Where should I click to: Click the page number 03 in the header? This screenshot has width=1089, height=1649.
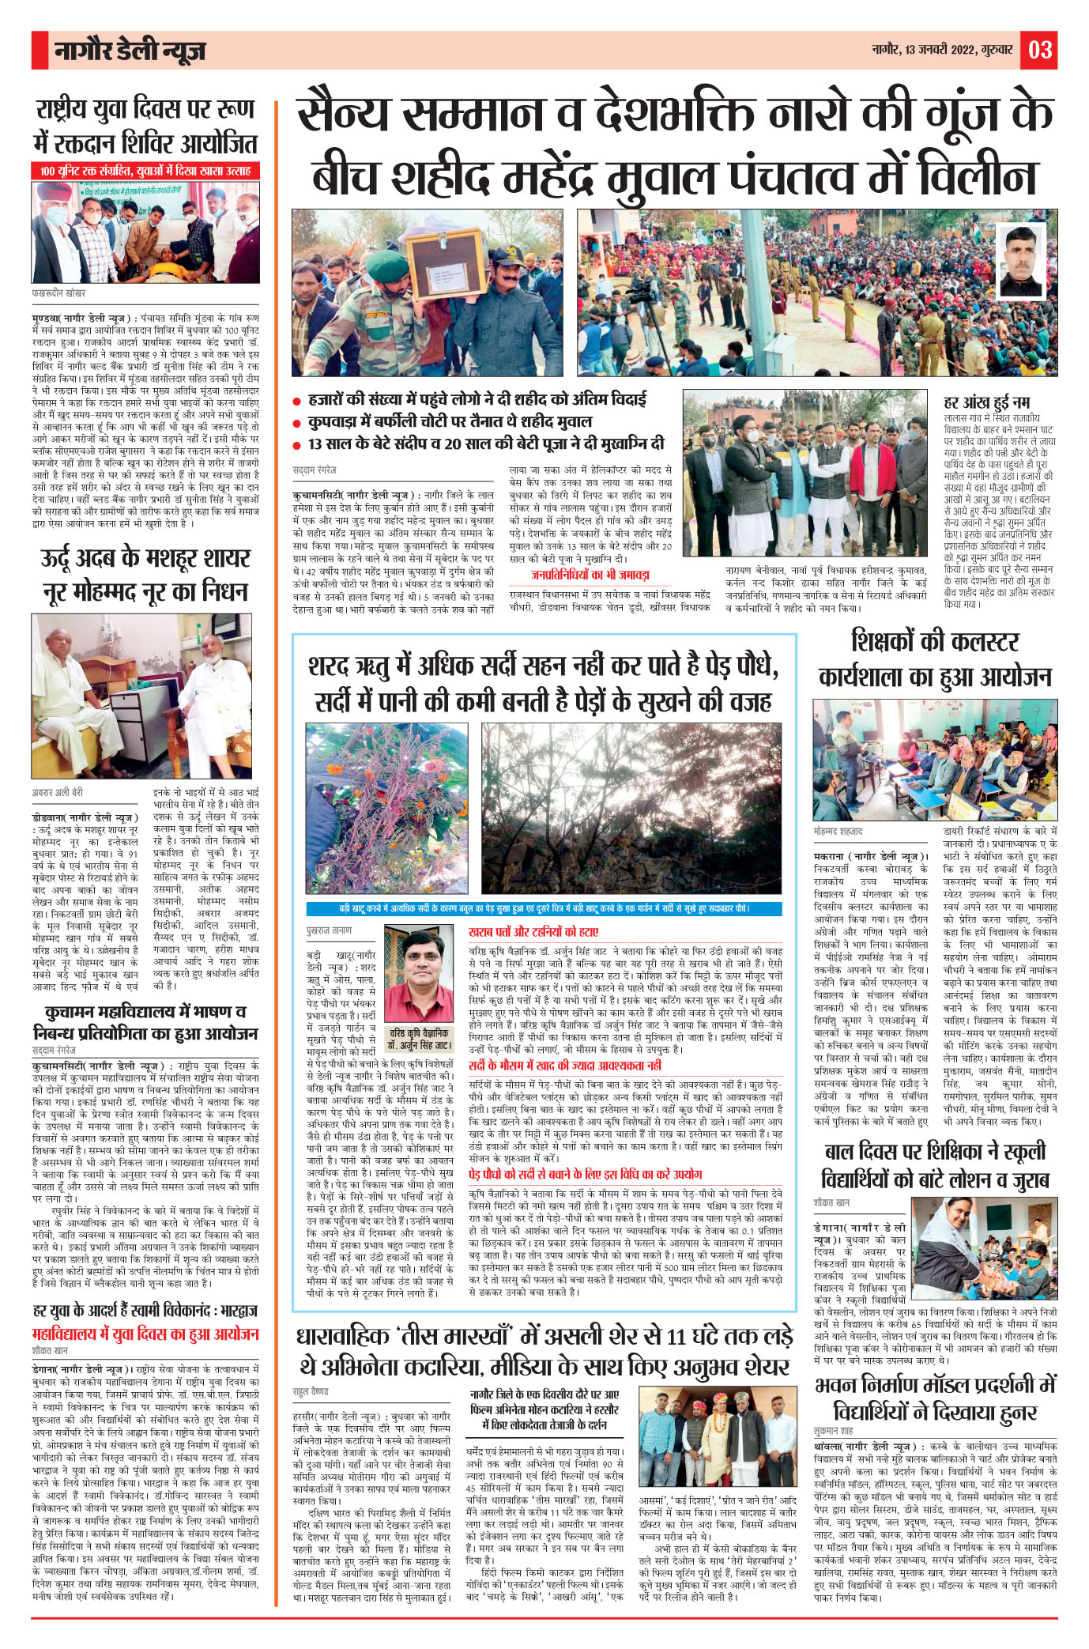click(x=1039, y=50)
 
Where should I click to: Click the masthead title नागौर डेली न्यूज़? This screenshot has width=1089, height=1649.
click(x=130, y=51)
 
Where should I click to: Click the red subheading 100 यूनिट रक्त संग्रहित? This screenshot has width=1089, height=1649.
click(x=145, y=171)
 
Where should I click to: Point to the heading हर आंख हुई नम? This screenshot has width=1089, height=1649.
click(x=986, y=402)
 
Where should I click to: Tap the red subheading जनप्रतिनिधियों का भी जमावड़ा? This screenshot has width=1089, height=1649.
click(x=590, y=574)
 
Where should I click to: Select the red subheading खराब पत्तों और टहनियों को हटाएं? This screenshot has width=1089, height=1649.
click(x=533, y=932)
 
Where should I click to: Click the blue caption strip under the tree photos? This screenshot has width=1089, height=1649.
click(x=544, y=909)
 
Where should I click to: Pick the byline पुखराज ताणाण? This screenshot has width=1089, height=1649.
click(x=329, y=930)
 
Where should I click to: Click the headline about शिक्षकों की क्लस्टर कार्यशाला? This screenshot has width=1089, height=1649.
click(x=935, y=658)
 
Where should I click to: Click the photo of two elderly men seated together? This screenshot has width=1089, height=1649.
click(x=142, y=696)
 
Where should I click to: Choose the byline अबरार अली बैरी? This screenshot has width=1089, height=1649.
click(x=57, y=791)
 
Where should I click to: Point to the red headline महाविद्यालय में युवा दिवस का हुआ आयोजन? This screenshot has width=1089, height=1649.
click(x=145, y=1334)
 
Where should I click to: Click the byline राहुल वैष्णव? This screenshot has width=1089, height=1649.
click(x=311, y=1391)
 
